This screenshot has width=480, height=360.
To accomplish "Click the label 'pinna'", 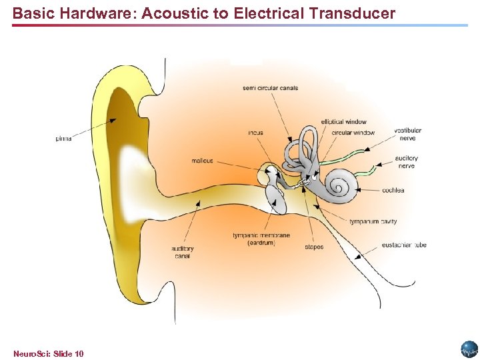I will (63, 139).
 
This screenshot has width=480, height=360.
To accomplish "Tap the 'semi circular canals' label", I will (270, 88).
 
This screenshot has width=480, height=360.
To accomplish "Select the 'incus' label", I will (255, 133).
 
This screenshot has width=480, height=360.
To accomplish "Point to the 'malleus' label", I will (202, 161).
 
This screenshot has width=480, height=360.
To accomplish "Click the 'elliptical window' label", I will (343, 122).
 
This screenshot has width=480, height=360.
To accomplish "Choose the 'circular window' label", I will (353, 133).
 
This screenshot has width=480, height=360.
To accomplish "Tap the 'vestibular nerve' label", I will (407, 134).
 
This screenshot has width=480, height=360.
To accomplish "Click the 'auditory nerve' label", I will (406, 162).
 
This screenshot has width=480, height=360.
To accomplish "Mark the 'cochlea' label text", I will (393, 190).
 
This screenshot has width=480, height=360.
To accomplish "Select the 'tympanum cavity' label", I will (373, 221).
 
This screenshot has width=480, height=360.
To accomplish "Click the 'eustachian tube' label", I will (404, 245).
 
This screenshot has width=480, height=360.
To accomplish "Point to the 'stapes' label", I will (314, 247).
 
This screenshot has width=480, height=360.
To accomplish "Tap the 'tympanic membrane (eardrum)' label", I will (261, 239).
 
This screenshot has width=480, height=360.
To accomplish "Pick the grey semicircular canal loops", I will (308, 143).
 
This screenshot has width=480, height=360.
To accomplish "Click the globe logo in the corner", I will (469, 349).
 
